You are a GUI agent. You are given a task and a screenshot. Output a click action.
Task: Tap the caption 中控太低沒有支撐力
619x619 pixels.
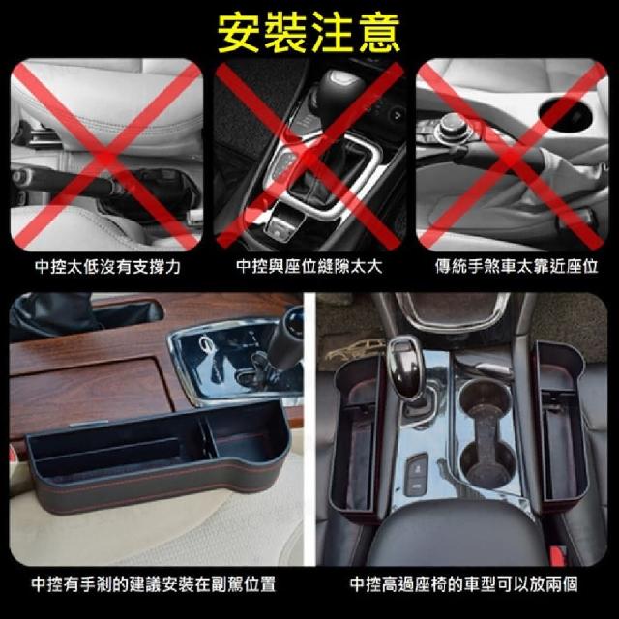point(107,267)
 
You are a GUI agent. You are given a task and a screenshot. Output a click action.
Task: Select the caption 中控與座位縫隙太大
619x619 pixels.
point(309,267)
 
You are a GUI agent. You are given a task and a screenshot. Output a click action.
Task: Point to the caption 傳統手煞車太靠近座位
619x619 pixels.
point(516,267)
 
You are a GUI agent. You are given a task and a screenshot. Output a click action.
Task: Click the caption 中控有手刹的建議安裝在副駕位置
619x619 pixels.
point(153,584)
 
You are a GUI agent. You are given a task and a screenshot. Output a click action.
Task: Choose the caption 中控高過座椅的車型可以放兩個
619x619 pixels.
point(464,584)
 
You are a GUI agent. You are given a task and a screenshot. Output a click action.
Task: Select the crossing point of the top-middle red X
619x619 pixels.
point(309,155)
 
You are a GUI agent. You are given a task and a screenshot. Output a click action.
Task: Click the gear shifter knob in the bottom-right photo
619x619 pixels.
point(404,366)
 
